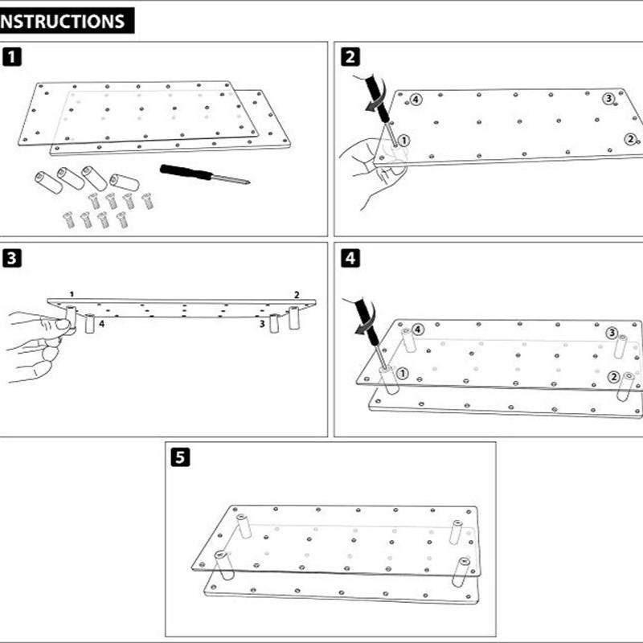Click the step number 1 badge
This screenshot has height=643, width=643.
13,57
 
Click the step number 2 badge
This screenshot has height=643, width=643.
350,57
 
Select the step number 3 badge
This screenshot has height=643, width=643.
13,258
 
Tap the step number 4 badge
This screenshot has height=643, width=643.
350,258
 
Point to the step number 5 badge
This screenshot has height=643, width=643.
182,457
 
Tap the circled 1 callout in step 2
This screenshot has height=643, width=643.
404,140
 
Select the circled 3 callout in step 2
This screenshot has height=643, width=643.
608,98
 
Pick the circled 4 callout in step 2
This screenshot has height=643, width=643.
415,100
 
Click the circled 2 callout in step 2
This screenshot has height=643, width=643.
630,139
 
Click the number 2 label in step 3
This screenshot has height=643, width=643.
297,295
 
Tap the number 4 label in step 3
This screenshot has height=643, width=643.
101,324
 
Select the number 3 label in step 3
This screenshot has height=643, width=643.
261,324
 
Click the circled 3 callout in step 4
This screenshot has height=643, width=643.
612,333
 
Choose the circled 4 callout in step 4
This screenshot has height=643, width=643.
418,330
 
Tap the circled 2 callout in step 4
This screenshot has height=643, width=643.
613,377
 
